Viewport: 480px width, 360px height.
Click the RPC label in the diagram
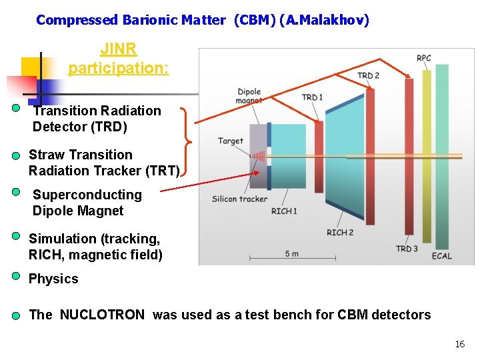click(424, 59)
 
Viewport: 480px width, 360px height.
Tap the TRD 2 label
click(368, 75)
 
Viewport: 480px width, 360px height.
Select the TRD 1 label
click(312, 97)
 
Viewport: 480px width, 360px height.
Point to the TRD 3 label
click(407, 249)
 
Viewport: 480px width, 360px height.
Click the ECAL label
click(441, 256)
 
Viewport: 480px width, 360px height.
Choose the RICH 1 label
click(284, 211)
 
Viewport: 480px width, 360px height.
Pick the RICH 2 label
click(340, 233)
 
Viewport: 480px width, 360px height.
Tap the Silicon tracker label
click(239, 199)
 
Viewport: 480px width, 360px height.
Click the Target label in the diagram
click(231, 141)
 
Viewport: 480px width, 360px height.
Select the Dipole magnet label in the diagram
click(249, 96)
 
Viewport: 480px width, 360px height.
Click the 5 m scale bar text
click(291, 253)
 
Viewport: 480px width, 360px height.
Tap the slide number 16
click(459, 344)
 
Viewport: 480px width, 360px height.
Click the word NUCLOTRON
click(102, 315)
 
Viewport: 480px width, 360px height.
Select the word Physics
click(53, 279)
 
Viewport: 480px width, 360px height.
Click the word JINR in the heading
click(119, 50)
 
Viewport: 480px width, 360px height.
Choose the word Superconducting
click(87, 195)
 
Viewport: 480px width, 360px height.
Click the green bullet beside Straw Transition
click(16, 156)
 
